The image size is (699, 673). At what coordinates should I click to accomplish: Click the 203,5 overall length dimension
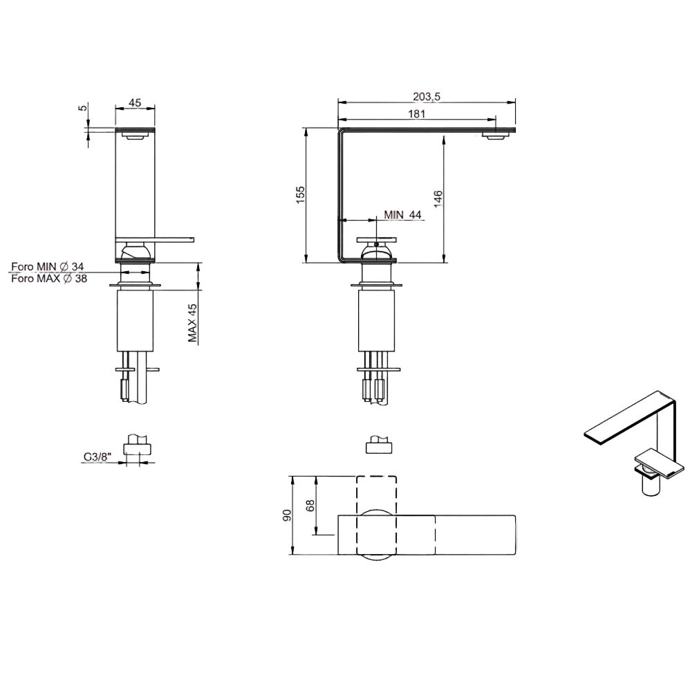[x=426, y=97]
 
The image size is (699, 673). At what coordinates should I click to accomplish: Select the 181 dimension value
[x=417, y=113]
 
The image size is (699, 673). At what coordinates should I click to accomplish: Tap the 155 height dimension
[x=301, y=195]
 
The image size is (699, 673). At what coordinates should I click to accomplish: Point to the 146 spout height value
[x=438, y=199]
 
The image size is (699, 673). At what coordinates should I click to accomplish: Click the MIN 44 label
[x=402, y=214]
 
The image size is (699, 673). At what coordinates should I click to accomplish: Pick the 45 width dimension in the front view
[x=135, y=102]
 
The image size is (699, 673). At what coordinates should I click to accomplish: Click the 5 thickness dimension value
[x=84, y=108]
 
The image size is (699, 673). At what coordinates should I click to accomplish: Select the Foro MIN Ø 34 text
[x=47, y=267]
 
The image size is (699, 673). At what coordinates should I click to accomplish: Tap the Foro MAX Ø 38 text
[x=49, y=279]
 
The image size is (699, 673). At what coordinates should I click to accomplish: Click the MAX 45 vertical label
[x=192, y=323]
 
